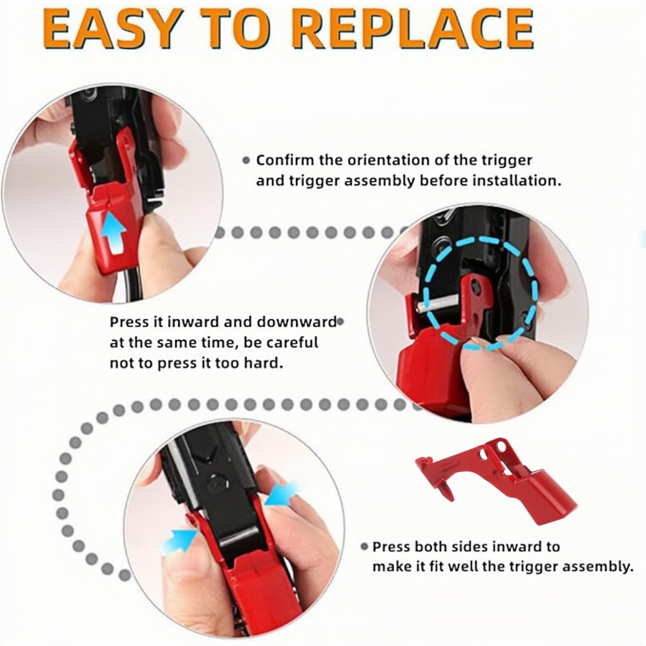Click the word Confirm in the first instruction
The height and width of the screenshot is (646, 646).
(x=285, y=160)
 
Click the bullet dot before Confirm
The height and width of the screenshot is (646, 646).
(x=246, y=161)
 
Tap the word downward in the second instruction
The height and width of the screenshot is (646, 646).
(x=297, y=322)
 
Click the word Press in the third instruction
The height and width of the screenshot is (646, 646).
(x=391, y=547)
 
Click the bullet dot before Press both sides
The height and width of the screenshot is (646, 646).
(x=364, y=547)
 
